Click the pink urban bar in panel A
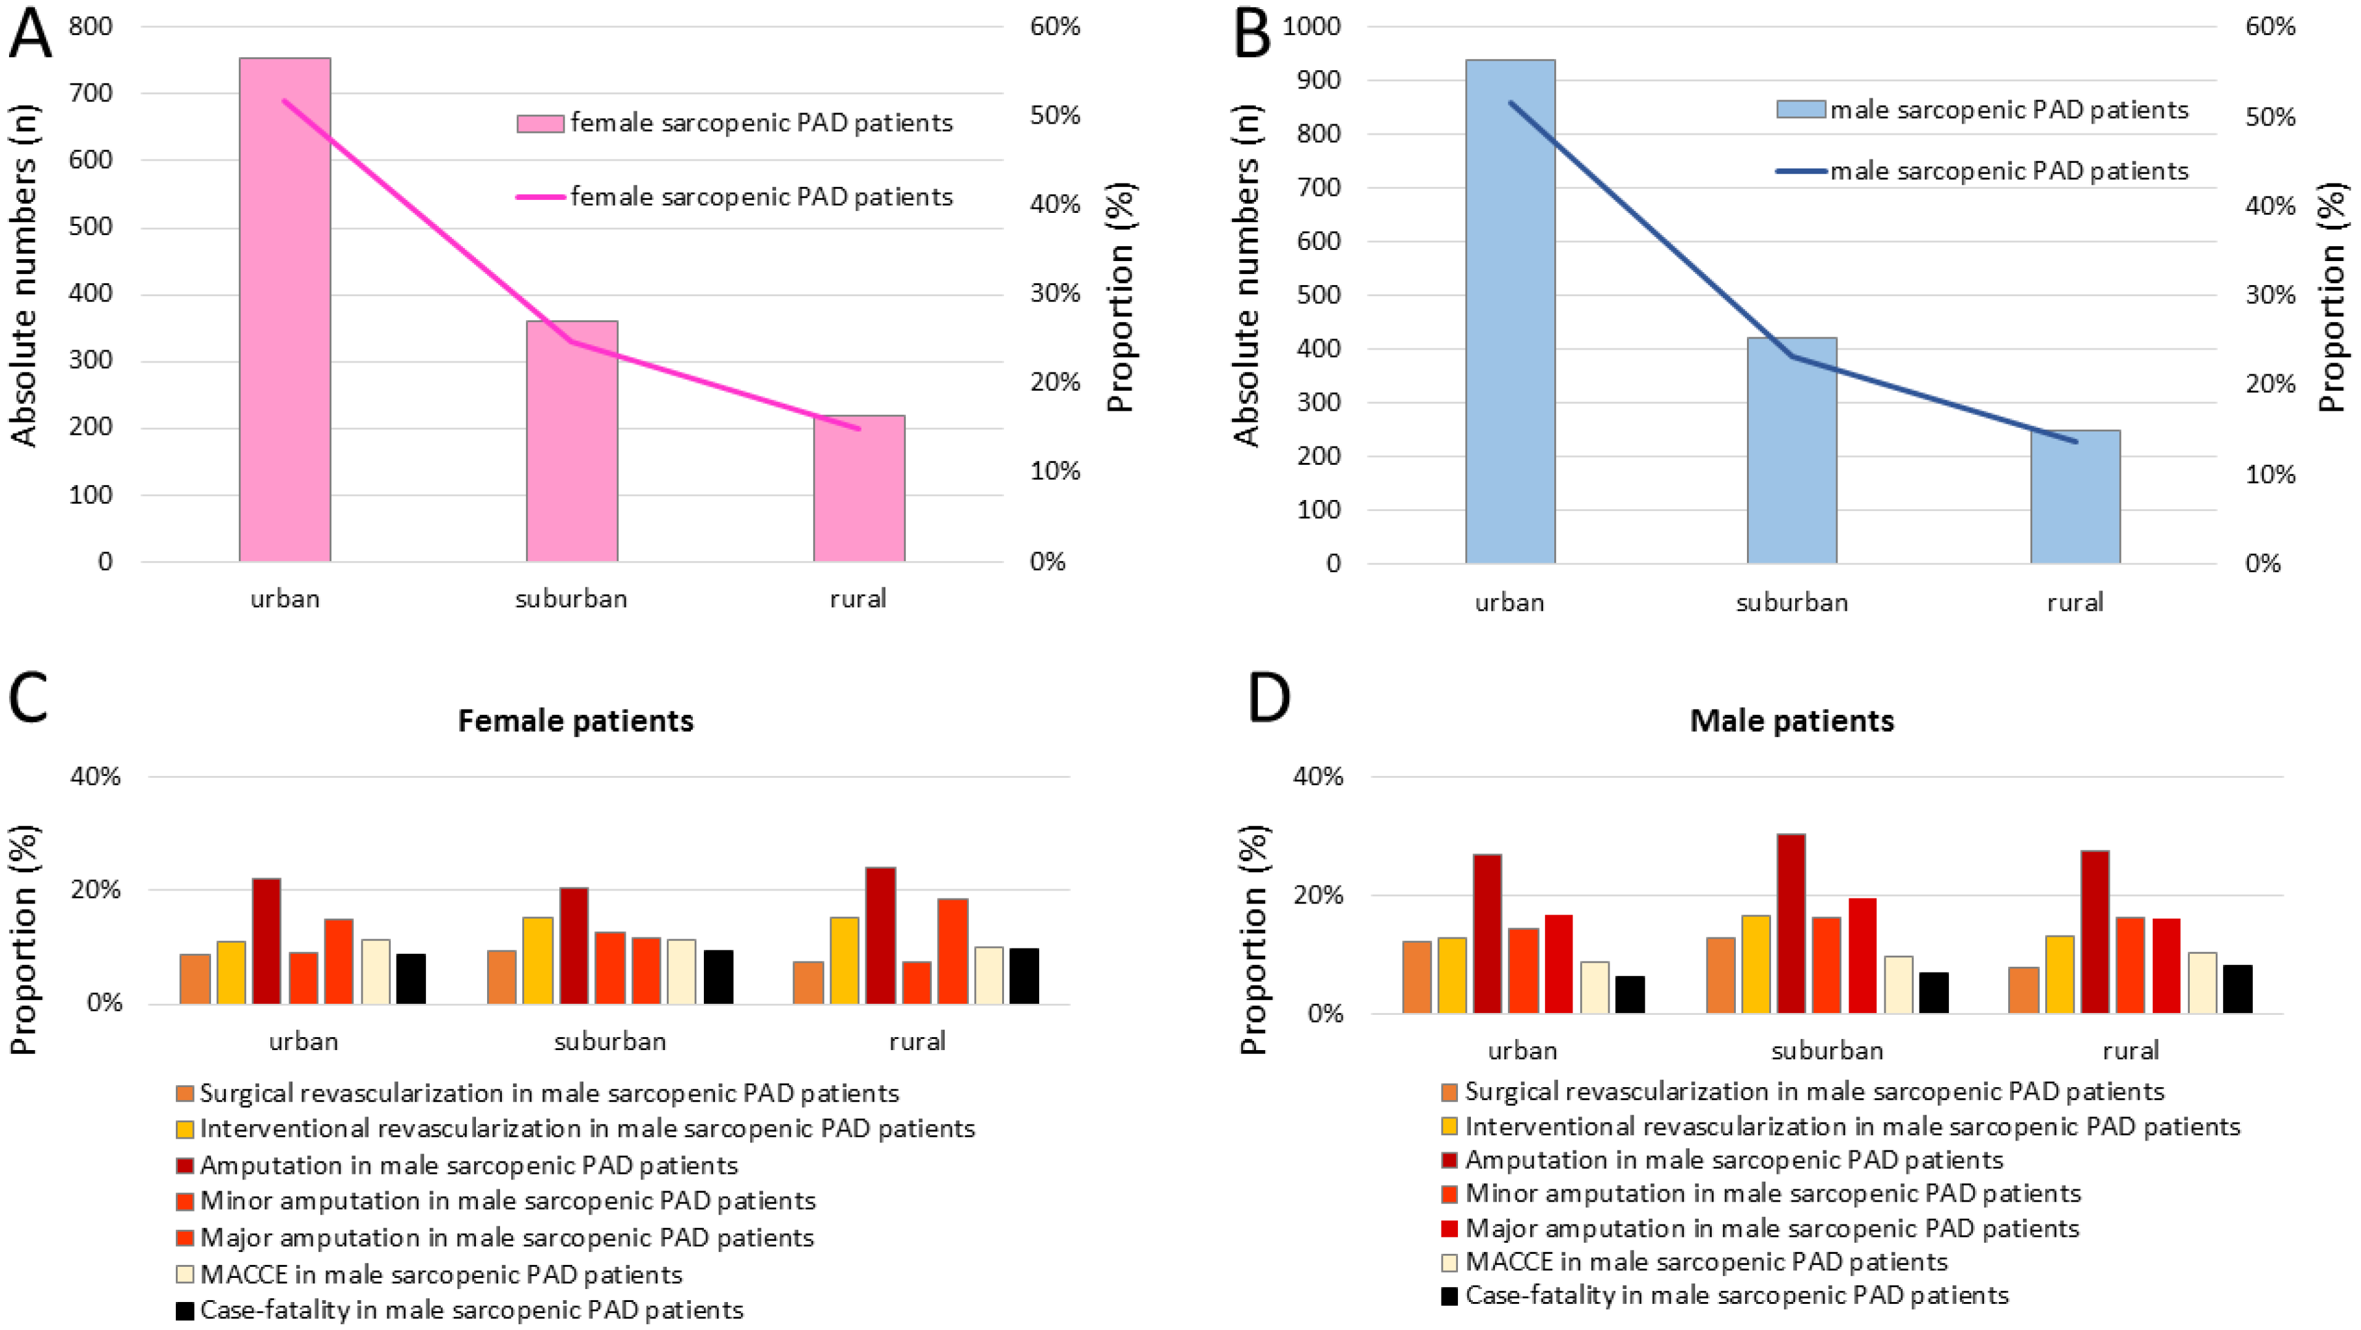285,310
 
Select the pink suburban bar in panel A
572,441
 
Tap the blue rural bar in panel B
2075,496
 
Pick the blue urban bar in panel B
1511,312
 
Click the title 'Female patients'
576,721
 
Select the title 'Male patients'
1792,721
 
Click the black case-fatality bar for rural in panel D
2237,989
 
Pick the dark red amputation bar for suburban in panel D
1791,924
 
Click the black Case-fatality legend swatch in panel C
184,1310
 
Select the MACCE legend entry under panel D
1695,1262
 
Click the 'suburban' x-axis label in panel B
1792,603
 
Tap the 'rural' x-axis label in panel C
917,1041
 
